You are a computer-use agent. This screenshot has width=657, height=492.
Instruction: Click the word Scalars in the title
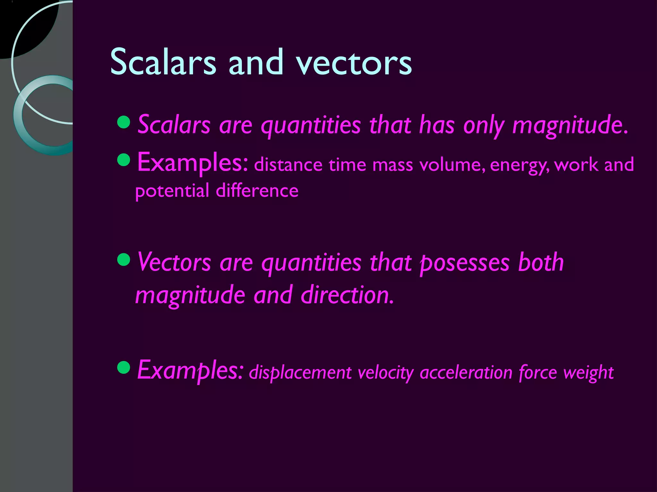coord(163,62)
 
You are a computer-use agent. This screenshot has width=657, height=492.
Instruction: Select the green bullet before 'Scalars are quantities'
coord(124,122)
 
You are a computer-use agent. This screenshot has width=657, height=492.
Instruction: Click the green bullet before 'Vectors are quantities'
coord(124,260)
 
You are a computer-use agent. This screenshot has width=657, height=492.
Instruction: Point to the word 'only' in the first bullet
coord(483,125)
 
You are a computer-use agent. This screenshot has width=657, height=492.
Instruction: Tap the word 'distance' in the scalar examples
coord(288,165)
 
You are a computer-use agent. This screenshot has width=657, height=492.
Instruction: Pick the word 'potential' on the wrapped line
coord(172,191)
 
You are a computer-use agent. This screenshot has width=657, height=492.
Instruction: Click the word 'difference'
coord(257,191)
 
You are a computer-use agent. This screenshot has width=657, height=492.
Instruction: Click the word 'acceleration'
coord(466,373)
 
